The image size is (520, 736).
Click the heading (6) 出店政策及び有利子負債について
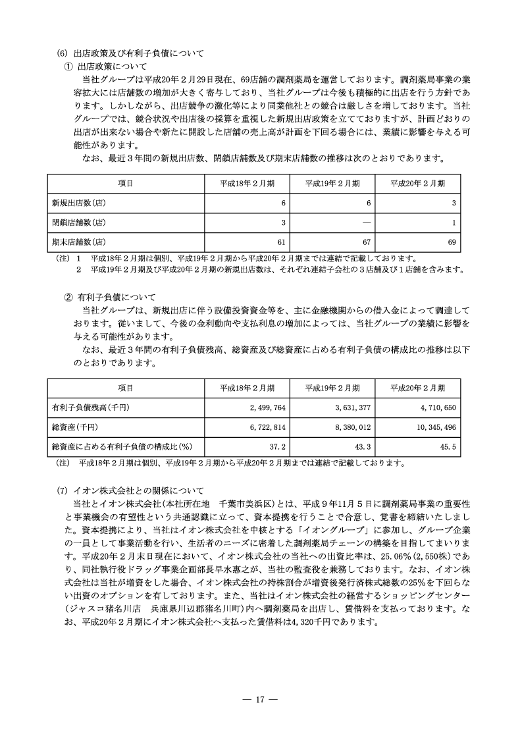[132, 53]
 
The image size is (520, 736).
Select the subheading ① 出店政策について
[105, 66]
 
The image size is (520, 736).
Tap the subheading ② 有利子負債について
[109, 297]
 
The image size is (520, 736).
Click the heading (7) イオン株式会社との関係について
[132, 490]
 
